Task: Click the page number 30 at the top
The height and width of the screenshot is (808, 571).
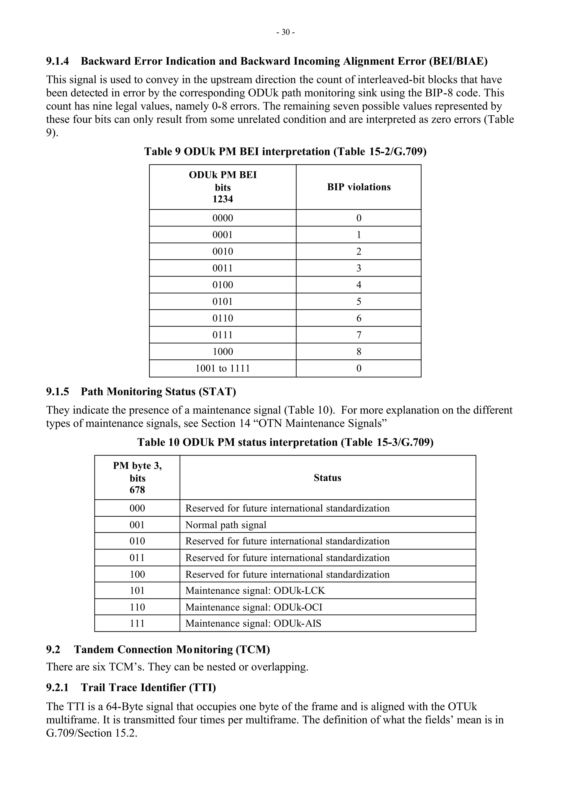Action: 285,32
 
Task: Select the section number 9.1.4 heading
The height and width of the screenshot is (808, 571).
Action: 57,61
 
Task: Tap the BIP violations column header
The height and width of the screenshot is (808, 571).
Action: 359,187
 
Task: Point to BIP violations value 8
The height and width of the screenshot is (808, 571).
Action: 359,352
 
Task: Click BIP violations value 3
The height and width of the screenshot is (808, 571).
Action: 359,268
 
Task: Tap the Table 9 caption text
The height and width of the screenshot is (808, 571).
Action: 285,152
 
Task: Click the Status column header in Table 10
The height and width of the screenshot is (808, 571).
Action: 327,478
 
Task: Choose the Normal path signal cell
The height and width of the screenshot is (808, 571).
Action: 226,525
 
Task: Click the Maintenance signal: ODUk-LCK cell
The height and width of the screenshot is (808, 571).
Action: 255,591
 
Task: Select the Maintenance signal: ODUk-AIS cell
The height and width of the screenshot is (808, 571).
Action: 253,624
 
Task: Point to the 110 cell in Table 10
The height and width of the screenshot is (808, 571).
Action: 137,607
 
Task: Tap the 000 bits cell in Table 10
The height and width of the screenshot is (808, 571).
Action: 137,509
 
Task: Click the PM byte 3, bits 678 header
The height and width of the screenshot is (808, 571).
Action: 137,478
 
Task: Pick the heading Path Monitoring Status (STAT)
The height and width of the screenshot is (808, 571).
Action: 158,392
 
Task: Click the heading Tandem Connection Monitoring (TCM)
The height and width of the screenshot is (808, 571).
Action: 172,650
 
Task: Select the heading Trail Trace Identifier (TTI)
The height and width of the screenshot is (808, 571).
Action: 148,687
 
